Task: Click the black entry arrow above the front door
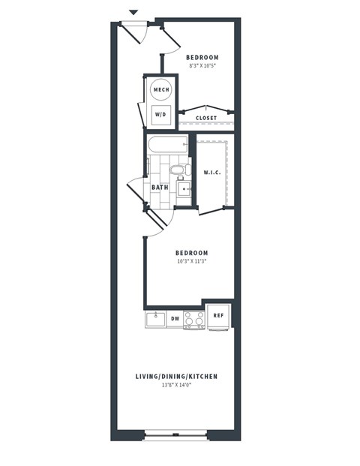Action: point(133,12)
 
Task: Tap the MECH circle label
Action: point(161,90)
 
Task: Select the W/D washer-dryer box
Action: point(161,115)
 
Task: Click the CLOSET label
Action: point(206,118)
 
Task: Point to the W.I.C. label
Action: point(212,173)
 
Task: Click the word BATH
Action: point(160,188)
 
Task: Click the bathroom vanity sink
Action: point(184,188)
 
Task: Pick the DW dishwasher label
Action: point(175,319)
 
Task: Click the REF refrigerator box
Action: point(218,316)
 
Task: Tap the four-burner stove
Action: point(194,320)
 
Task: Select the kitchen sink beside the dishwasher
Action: point(155,319)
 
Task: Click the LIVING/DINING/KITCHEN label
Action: point(176,376)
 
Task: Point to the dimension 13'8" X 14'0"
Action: point(176,386)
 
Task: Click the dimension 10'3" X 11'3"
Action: point(192,262)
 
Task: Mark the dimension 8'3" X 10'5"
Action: point(202,67)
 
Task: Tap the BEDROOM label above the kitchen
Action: point(192,253)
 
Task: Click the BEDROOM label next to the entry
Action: point(202,58)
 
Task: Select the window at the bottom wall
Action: point(175,434)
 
